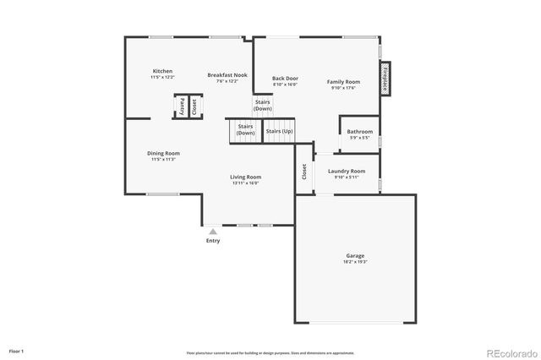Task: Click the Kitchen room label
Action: (163, 70)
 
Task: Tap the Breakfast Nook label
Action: (227, 75)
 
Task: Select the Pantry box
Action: (181, 106)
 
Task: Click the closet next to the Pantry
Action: (194, 106)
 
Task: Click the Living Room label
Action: (245, 177)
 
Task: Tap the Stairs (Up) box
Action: (279, 131)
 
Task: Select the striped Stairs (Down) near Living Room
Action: (245, 130)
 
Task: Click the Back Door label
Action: (285, 79)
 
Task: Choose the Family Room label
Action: (344, 82)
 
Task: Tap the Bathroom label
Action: (360, 131)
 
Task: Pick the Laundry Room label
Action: (347, 171)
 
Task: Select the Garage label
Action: (355, 255)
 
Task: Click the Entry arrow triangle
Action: (213, 230)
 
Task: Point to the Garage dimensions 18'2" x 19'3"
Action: (355, 262)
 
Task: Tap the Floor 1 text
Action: (17, 350)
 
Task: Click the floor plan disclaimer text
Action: (270, 353)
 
